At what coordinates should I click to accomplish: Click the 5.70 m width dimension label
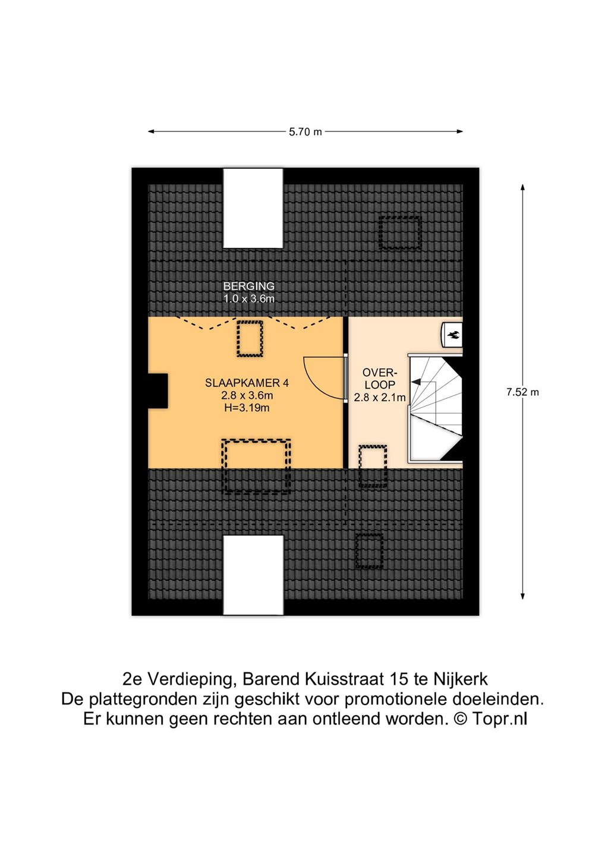pos(305,132)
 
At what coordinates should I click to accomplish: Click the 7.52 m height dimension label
pos(522,392)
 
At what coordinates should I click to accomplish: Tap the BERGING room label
pos(249,286)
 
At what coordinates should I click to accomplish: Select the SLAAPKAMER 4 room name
pos(247,383)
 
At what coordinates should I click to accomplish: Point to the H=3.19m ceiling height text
pos(247,408)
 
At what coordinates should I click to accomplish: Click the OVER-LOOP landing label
pos(380,379)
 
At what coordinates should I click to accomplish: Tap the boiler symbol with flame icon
pos(452,335)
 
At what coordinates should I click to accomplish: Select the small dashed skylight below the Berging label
pos(250,339)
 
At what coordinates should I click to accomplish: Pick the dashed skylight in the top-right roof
pos(399,233)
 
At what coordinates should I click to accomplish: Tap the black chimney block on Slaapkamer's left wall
pos(158,391)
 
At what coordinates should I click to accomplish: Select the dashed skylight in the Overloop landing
pos(373,466)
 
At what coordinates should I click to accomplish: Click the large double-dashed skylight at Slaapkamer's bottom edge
pos(256,467)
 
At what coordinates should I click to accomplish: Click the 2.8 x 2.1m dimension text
pos(380,398)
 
